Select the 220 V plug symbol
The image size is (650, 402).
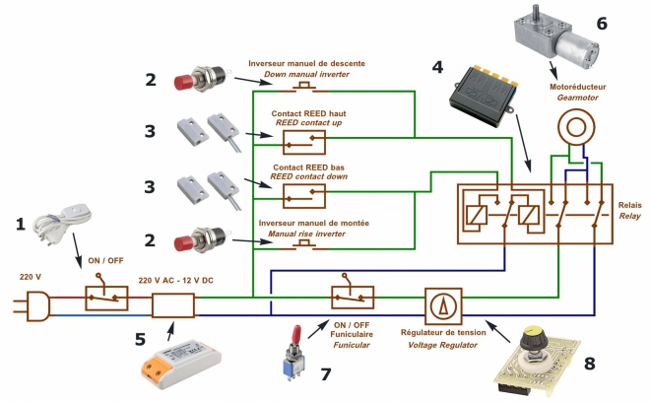[x=32, y=306]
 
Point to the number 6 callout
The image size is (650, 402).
[x=602, y=24]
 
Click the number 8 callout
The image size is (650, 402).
[x=589, y=364]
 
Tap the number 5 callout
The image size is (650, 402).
[x=140, y=339]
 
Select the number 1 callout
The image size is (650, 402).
[x=21, y=225]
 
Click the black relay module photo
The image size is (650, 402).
[x=484, y=95]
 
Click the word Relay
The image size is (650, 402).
[x=629, y=216]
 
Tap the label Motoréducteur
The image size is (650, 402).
[x=577, y=87]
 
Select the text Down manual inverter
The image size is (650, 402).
[x=306, y=74]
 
